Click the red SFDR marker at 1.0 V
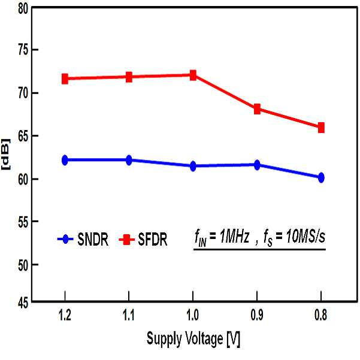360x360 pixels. coord(193,75)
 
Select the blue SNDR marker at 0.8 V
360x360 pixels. coord(321,177)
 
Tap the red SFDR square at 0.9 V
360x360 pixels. coord(257,109)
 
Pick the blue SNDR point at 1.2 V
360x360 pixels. coord(65,160)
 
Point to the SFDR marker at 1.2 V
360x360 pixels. coord(65,78)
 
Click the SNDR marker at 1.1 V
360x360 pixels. coord(129,160)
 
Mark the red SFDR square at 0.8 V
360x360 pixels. coord(321,128)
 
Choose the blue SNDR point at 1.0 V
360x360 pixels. coord(193,166)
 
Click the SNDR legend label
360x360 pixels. coord(93,240)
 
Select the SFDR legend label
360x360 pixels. coord(153,240)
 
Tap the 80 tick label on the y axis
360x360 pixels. coord(23,10)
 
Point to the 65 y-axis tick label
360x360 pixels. coord(23,137)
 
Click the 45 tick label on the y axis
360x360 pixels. coord(23,303)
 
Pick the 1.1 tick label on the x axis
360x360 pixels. coord(129,315)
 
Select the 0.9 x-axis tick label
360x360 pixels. coord(257,315)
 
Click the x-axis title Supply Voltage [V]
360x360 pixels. coord(193,339)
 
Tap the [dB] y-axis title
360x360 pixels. coord(6,154)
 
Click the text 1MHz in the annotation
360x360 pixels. coord(234,237)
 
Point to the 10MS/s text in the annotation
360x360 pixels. coord(305,237)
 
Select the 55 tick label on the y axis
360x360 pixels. coord(23,222)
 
